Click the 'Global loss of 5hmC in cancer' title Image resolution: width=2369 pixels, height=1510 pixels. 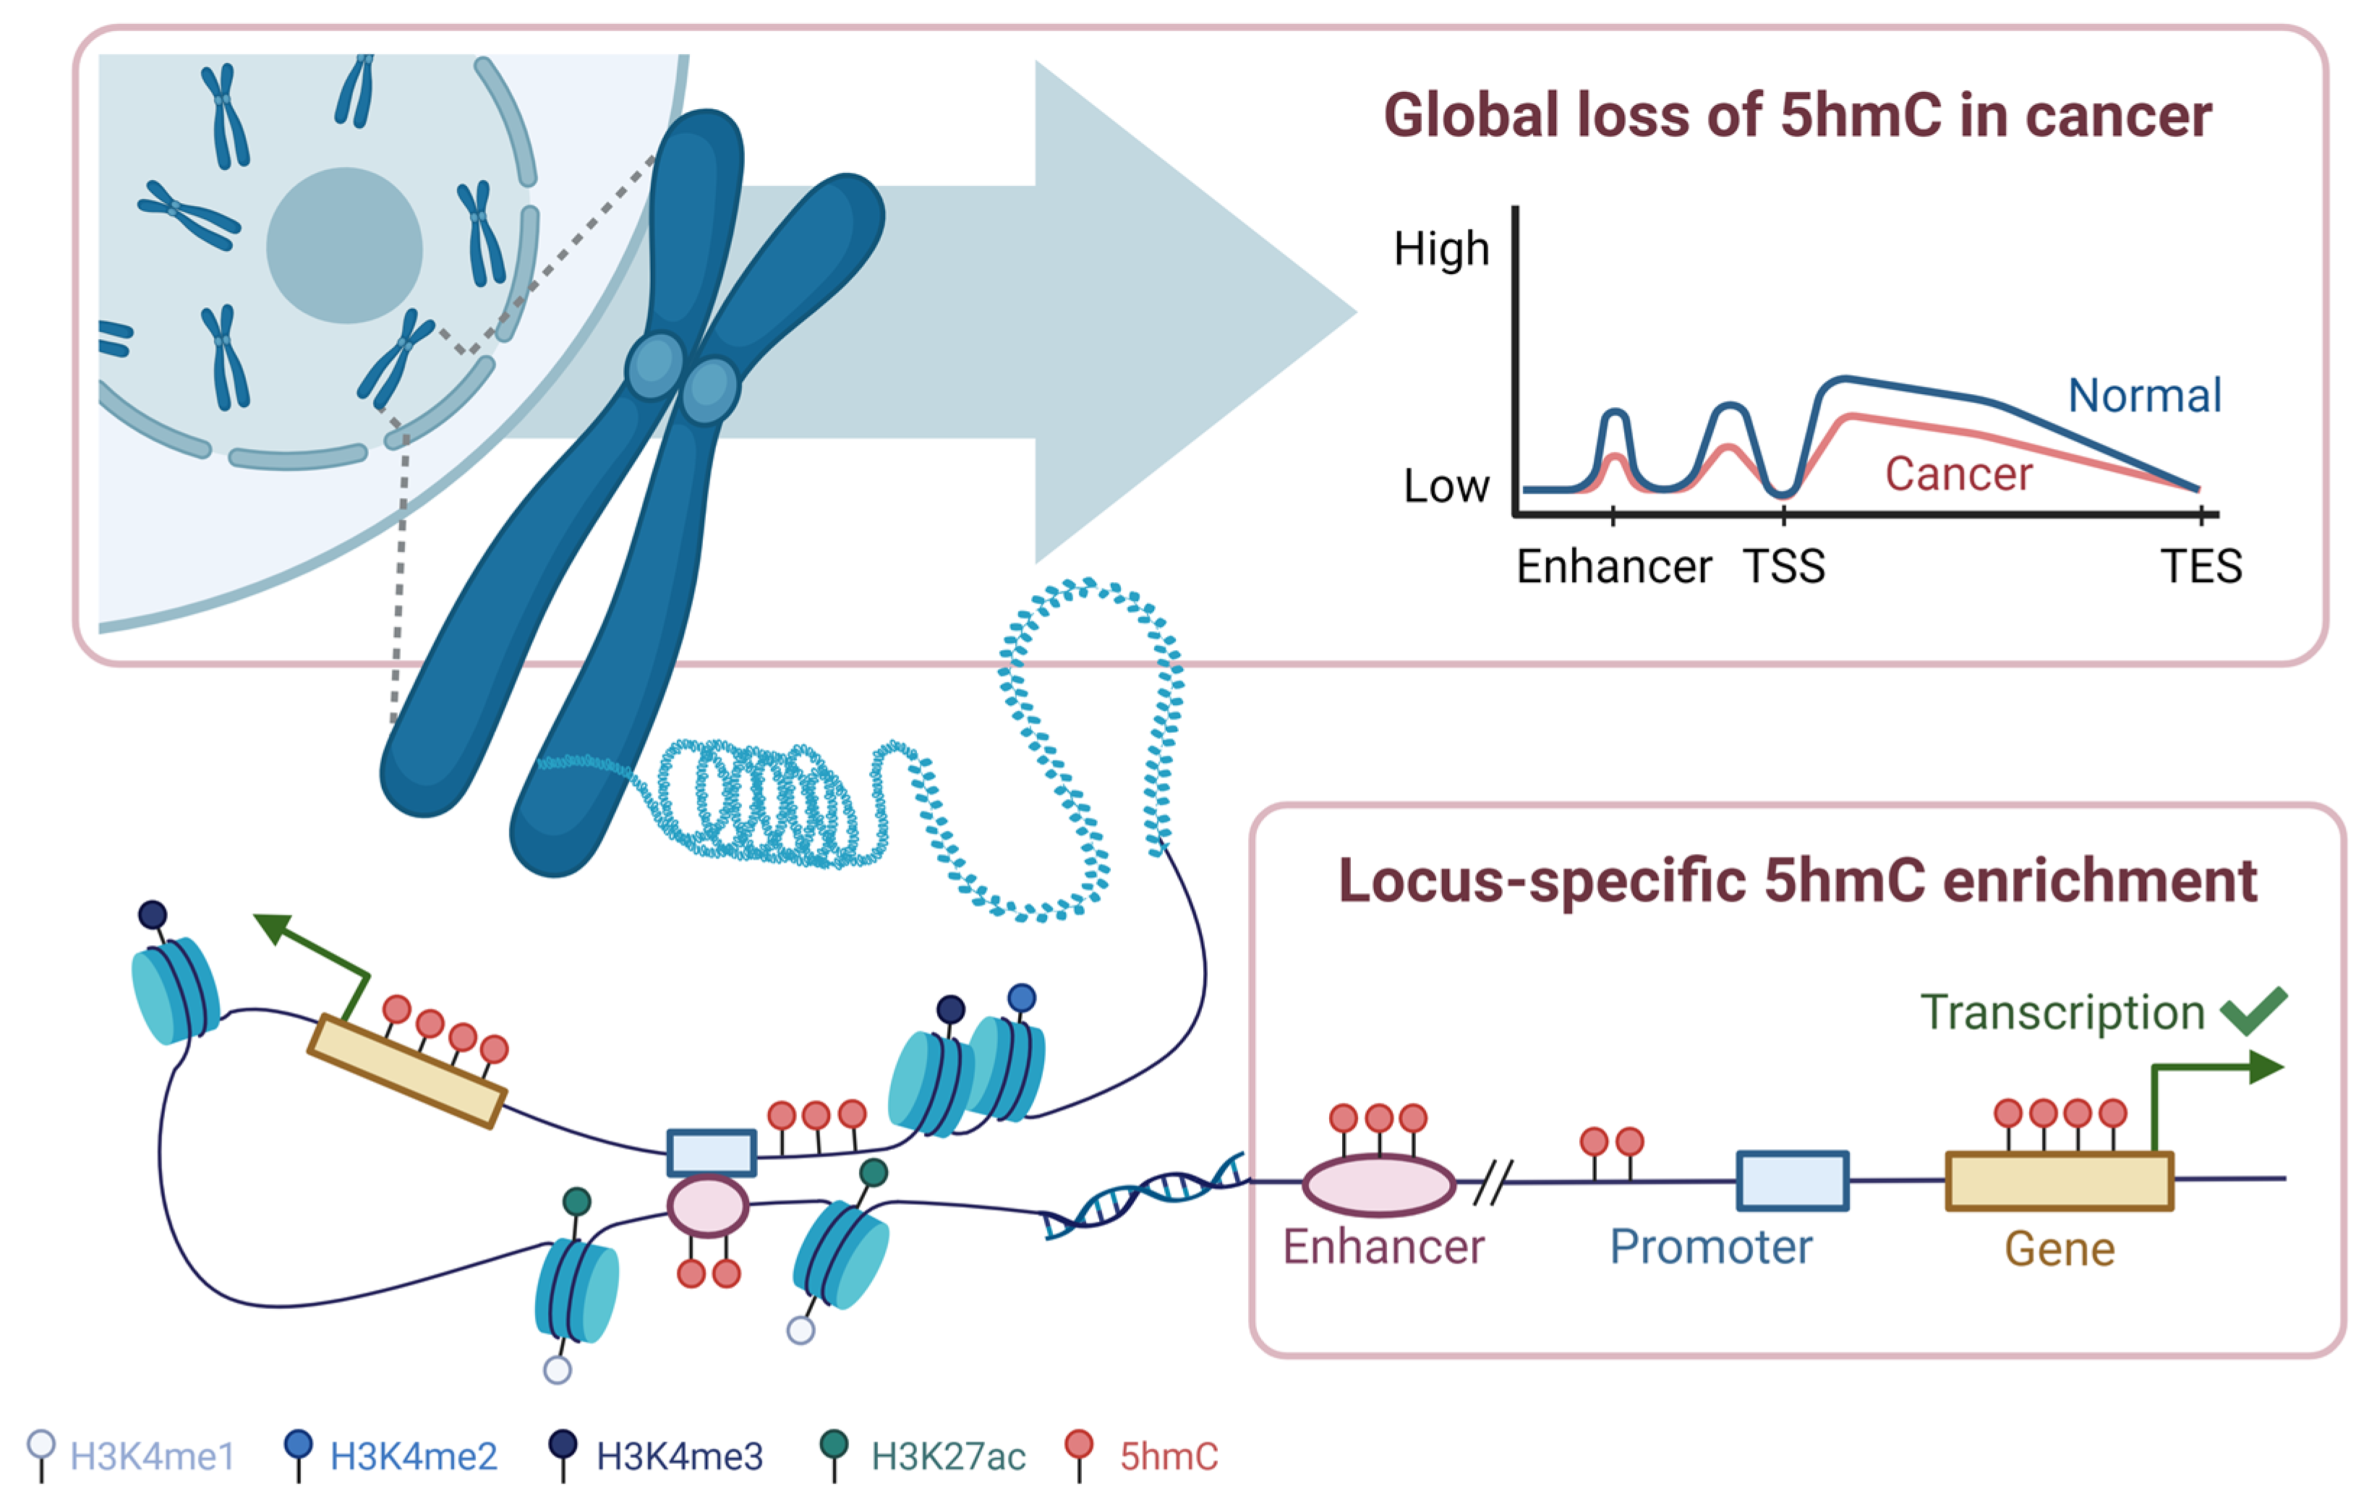(1798, 116)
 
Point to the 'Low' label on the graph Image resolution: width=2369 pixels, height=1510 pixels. (1446, 486)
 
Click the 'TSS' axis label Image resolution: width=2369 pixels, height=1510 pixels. (1784, 568)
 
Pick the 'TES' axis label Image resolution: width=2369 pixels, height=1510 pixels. (2201, 568)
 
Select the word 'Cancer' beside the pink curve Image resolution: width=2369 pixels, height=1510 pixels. (1958, 474)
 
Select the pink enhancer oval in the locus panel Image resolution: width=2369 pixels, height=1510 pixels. (1378, 1185)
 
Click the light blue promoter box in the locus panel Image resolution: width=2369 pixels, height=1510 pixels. (1791, 1180)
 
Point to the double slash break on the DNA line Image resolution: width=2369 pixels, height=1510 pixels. (1493, 1182)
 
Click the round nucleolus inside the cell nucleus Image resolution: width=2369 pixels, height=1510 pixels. (344, 245)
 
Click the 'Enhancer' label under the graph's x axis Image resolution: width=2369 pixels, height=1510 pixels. (1613, 568)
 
